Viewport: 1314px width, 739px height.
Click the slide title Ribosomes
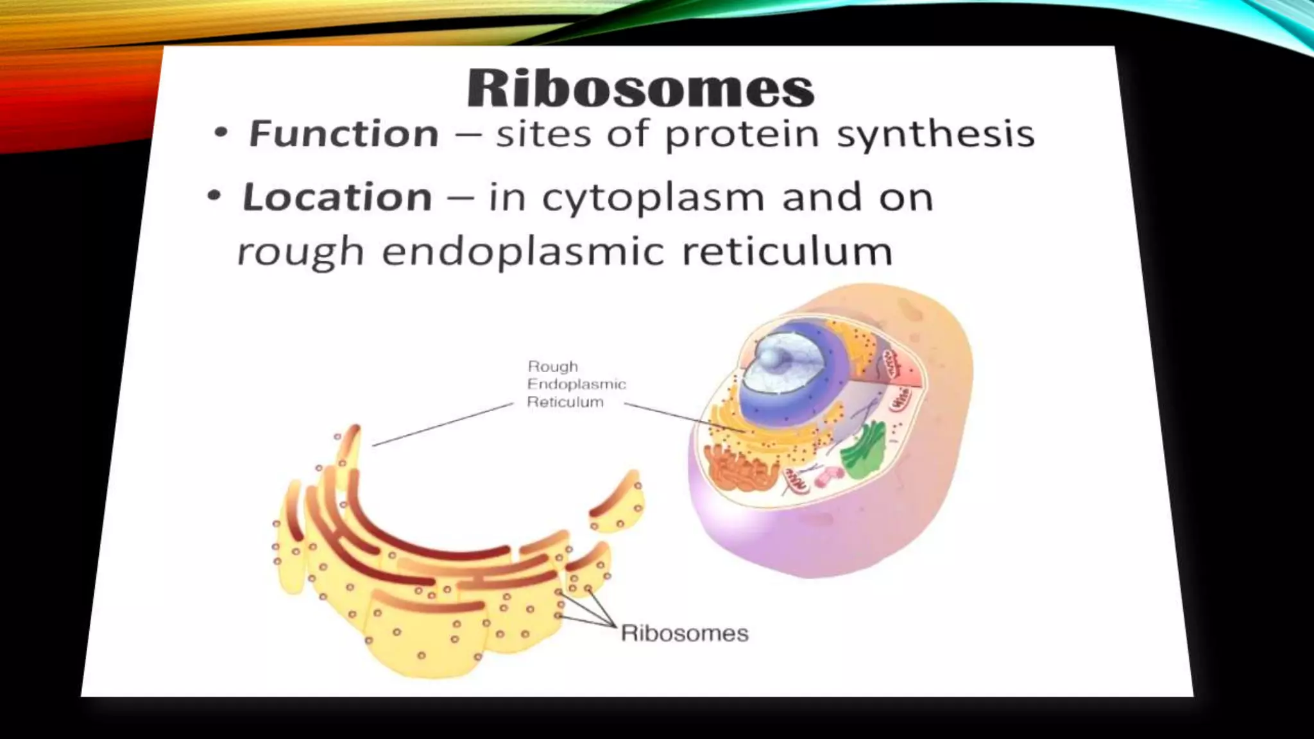(640, 88)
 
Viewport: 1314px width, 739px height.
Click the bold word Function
(344, 133)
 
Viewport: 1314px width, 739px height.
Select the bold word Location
(337, 196)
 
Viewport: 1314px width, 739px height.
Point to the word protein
(742, 135)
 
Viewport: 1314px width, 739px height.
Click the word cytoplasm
(653, 198)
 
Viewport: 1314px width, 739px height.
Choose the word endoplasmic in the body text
(523, 251)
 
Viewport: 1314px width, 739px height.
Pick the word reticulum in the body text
(787, 251)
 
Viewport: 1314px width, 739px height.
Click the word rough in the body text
(300, 251)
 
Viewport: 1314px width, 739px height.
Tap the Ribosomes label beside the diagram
(685, 633)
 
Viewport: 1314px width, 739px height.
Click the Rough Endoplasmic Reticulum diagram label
(576, 384)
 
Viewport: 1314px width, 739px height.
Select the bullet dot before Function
(221, 133)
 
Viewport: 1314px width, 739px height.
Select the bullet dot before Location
(214, 196)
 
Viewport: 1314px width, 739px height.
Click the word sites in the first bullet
(543, 133)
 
